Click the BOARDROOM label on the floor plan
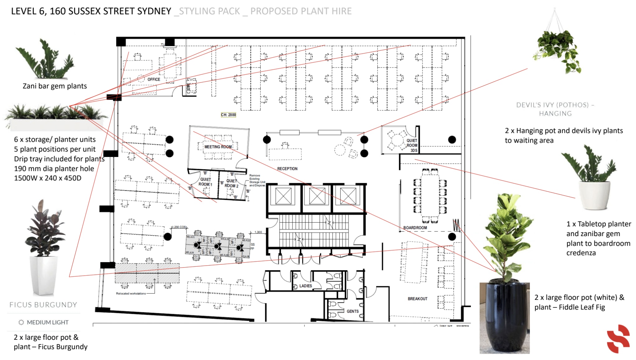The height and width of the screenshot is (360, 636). click(x=415, y=228)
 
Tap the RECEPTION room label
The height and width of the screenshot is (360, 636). click(x=287, y=168)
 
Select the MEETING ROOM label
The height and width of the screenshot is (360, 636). click(x=218, y=147)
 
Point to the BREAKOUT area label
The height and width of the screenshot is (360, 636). click(x=417, y=299)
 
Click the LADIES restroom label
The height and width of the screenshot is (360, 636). click(x=305, y=286)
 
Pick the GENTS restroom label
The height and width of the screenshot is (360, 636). click(x=352, y=311)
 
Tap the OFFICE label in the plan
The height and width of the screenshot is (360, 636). click(x=154, y=79)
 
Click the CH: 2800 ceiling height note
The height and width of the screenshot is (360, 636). click(x=228, y=115)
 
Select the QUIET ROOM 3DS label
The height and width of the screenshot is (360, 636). click(x=412, y=145)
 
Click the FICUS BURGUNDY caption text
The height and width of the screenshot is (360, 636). click(x=43, y=305)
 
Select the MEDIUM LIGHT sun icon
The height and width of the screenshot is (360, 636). click(x=21, y=322)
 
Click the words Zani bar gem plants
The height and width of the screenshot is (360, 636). click(x=55, y=86)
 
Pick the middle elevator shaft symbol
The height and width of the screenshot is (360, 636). click(x=317, y=196)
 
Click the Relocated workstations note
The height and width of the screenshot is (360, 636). click(x=131, y=293)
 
